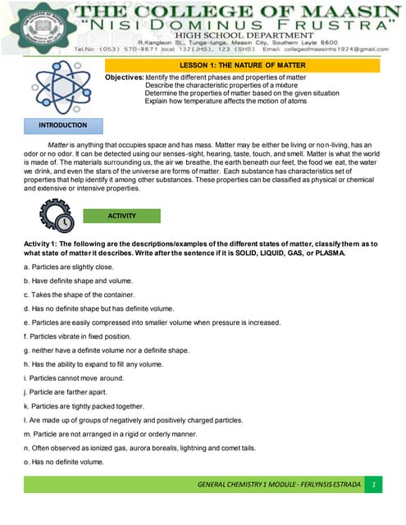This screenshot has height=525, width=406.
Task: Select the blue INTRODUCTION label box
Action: (63, 126)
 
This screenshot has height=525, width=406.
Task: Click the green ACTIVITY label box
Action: (122, 216)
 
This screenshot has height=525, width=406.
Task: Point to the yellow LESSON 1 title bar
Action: (241, 65)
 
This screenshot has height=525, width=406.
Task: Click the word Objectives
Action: (123, 76)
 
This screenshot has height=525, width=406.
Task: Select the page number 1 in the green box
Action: (372, 485)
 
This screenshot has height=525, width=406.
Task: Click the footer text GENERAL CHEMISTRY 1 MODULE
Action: (279, 485)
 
